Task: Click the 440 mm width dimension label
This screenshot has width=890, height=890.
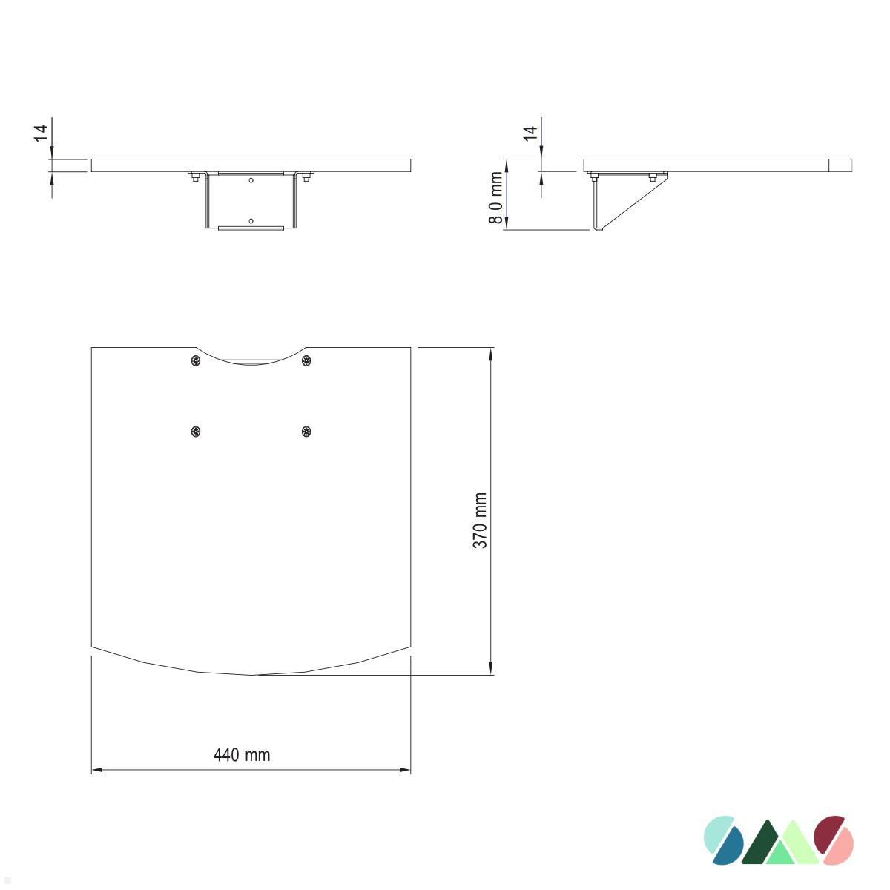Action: click(242, 755)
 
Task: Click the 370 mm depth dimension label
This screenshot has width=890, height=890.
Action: click(480, 521)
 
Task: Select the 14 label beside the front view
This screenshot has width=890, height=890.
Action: click(42, 133)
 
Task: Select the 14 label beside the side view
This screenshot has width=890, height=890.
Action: click(530, 133)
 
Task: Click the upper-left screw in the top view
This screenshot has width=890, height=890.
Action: click(195, 360)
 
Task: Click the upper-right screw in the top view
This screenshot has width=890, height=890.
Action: click(306, 360)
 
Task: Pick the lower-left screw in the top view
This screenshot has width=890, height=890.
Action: click(195, 432)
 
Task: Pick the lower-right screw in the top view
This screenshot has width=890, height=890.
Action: click(306, 432)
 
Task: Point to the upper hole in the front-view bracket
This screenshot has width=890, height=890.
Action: click(251, 180)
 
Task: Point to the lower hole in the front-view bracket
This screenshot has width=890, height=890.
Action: click(251, 220)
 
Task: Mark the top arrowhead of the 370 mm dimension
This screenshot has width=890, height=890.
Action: click(490, 353)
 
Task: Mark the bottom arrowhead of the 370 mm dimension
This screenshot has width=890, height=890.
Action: click(490, 669)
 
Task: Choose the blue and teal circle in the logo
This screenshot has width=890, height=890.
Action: click(723, 841)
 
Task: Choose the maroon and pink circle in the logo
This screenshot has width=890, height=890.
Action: click(834, 841)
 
